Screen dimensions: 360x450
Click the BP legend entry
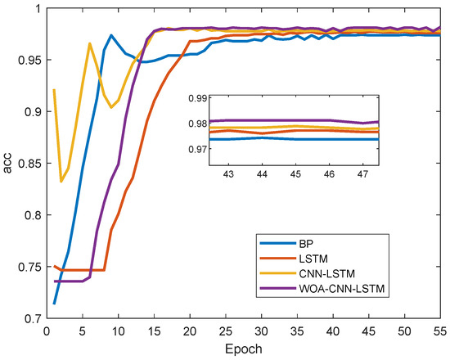pos(293,244)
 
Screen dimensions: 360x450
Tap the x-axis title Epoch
pos(241,350)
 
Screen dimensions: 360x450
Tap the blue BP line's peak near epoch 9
pos(111,35)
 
